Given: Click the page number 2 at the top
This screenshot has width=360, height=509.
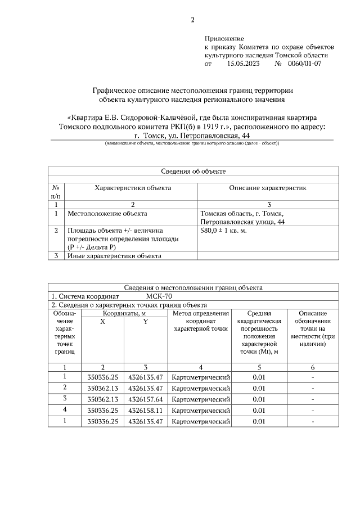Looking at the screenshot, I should pyautogui.click(x=192, y=20).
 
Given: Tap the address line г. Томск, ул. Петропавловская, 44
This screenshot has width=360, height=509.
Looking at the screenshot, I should pyautogui.click(x=192, y=136).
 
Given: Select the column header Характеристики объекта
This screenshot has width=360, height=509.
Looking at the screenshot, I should pyautogui.click(x=133, y=188).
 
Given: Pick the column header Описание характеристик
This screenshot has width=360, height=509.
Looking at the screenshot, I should pyautogui.click(x=267, y=188).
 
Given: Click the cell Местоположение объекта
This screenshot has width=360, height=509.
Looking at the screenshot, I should pyautogui.click(x=107, y=214).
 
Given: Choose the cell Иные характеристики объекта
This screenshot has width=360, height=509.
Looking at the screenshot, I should pyautogui.click(x=114, y=256).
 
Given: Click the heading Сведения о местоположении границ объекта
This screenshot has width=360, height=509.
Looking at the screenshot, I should pyautogui.click(x=193, y=287).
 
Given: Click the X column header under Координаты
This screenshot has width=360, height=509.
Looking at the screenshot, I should pyautogui.click(x=102, y=321).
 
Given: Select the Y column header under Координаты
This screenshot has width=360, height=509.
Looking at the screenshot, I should pyautogui.click(x=145, y=321).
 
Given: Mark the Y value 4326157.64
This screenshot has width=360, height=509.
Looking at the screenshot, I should pyautogui.click(x=145, y=399).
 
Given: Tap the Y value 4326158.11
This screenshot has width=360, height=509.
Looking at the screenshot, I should pyautogui.click(x=145, y=410).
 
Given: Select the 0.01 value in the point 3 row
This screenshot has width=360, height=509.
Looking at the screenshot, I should pyautogui.click(x=259, y=399).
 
